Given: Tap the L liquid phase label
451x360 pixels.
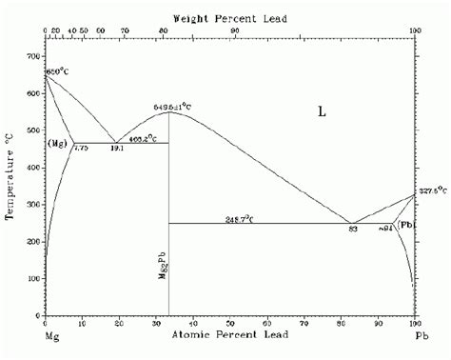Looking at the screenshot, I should click(x=322, y=111).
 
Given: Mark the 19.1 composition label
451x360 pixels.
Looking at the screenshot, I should click(x=117, y=149).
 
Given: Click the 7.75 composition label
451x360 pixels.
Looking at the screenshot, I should click(x=81, y=149).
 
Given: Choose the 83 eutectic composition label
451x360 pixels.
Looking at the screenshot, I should click(x=352, y=230).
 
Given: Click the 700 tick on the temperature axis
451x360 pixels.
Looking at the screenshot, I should click(x=34, y=57).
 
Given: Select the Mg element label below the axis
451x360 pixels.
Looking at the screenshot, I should click(x=51, y=338).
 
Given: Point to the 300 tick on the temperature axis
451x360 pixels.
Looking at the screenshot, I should click(x=34, y=205).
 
